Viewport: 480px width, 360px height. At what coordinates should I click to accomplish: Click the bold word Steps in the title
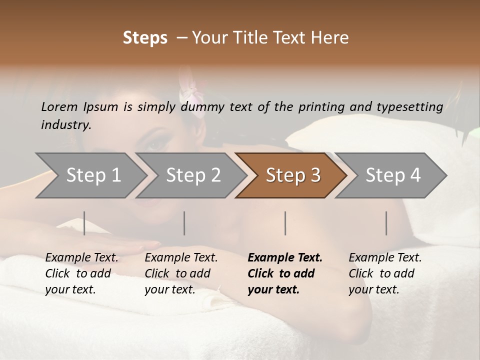coord(145,38)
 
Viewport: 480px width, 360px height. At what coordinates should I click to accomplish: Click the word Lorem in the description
coord(59,106)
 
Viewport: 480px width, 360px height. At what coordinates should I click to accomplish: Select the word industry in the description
coord(65,125)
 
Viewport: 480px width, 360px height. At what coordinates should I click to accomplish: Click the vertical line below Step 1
coord(84,223)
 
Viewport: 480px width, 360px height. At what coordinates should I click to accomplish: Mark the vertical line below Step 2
coord(184,223)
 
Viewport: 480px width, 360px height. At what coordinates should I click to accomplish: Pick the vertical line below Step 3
coord(285,223)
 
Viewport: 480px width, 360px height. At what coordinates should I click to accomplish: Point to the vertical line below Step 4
coord(386,223)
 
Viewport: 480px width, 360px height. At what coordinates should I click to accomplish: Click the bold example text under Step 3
coord(284,273)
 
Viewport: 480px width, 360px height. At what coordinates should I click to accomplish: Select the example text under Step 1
coord(81,273)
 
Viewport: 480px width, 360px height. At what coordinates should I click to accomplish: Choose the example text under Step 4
coord(384,273)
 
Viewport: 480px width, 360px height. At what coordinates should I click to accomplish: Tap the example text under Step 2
coord(180,273)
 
